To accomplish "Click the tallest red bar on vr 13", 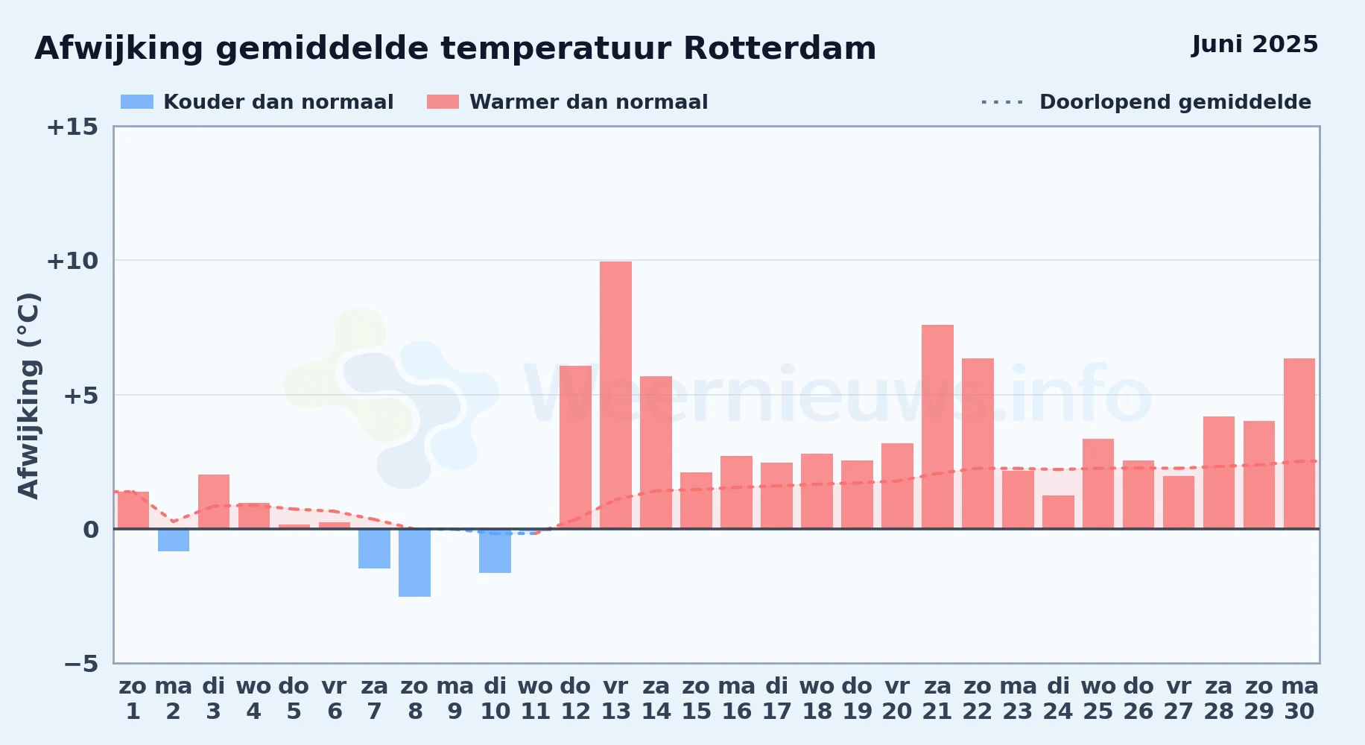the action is (615, 395).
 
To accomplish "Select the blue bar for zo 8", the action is (414, 562).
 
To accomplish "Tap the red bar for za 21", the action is (937, 427).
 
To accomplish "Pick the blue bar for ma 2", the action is (174, 540).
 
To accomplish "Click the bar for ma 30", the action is (1299, 443).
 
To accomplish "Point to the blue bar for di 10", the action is (495, 551).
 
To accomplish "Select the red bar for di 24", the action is (1058, 512).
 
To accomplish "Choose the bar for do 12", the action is (575, 447).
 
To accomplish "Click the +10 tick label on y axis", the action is (72, 261).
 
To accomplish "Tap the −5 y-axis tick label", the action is (81, 664).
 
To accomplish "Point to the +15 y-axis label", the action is (72, 127).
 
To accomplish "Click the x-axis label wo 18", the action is (817, 699).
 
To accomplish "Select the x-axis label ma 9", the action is (455, 699).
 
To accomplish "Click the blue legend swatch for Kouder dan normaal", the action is (137, 102).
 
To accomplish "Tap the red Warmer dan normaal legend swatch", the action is (443, 102).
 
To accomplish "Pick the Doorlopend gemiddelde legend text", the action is (1175, 102).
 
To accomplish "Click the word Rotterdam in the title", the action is (779, 48).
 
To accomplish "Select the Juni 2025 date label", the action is (1255, 45).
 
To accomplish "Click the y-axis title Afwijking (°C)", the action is (28, 396).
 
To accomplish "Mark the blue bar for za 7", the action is (374, 548).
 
